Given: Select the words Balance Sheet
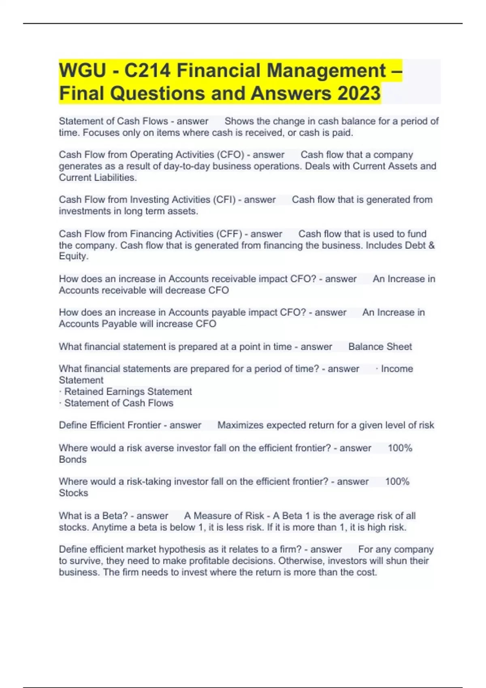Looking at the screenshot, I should tap(380, 347).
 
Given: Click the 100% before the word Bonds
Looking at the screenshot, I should tap(400, 448).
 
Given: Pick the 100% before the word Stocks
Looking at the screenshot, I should tap(397, 482).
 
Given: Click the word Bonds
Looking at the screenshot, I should tap(73, 459).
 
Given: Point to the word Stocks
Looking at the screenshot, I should tap(73, 493).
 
